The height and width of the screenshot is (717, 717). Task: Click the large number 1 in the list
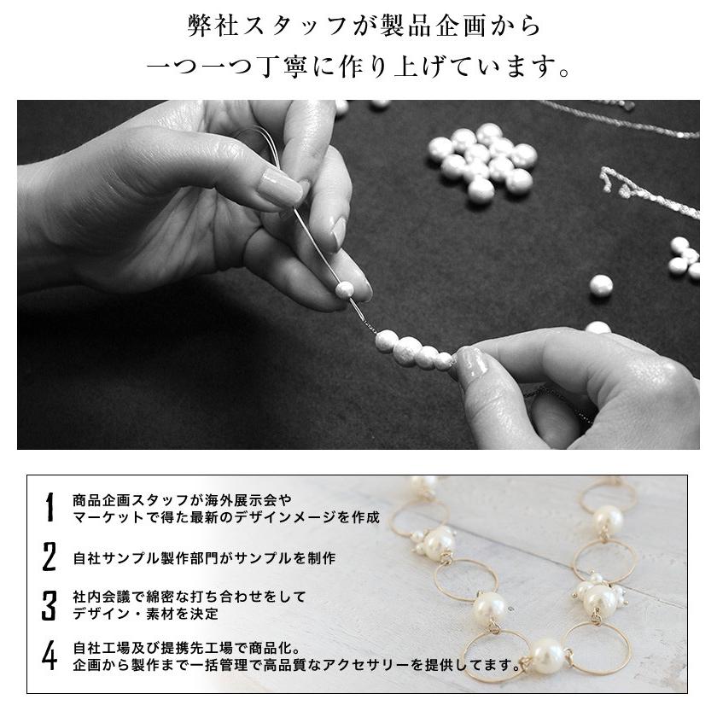[50, 507]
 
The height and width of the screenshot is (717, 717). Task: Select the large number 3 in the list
[50, 604]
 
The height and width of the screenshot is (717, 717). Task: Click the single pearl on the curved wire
[345, 289]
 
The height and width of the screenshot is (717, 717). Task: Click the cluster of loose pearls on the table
[483, 160]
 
